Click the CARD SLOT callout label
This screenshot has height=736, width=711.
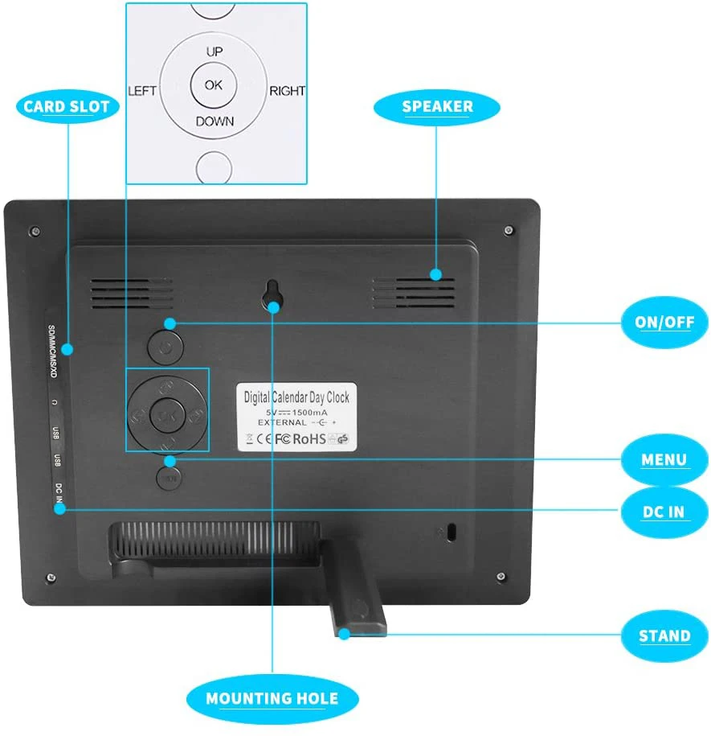click(67, 107)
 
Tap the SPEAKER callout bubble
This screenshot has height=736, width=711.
click(438, 106)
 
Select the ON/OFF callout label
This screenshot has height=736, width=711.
click(664, 323)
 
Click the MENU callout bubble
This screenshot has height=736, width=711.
click(664, 460)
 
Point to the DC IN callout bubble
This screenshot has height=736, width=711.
click(664, 511)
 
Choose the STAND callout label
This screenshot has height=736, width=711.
click(664, 635)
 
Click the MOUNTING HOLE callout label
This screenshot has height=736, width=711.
click(272, 698)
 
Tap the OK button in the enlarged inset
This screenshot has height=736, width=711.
click(214, 84)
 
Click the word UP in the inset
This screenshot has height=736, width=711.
click(215, 51)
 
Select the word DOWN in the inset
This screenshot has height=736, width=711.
click(215, 121)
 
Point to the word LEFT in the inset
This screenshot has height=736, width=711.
click(142, 90)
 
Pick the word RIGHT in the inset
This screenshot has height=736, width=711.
click(287, 90)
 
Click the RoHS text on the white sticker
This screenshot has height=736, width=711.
click(309, 438)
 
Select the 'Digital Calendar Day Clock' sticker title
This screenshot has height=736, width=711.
click(296, 397)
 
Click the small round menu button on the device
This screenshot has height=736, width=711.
click(169, 478)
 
